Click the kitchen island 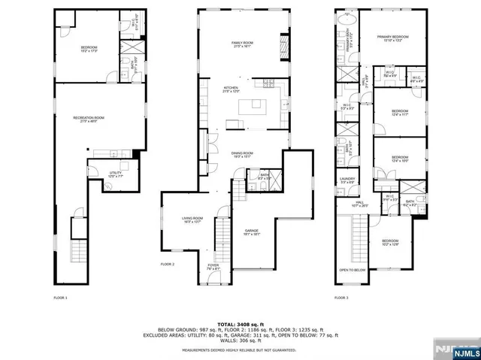tap(253, 107)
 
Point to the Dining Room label tap(241, 155)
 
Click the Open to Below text tap(352, 270)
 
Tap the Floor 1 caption tap(60, 299)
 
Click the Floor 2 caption tap(167, 265)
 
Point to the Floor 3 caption tap(342, 299)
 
